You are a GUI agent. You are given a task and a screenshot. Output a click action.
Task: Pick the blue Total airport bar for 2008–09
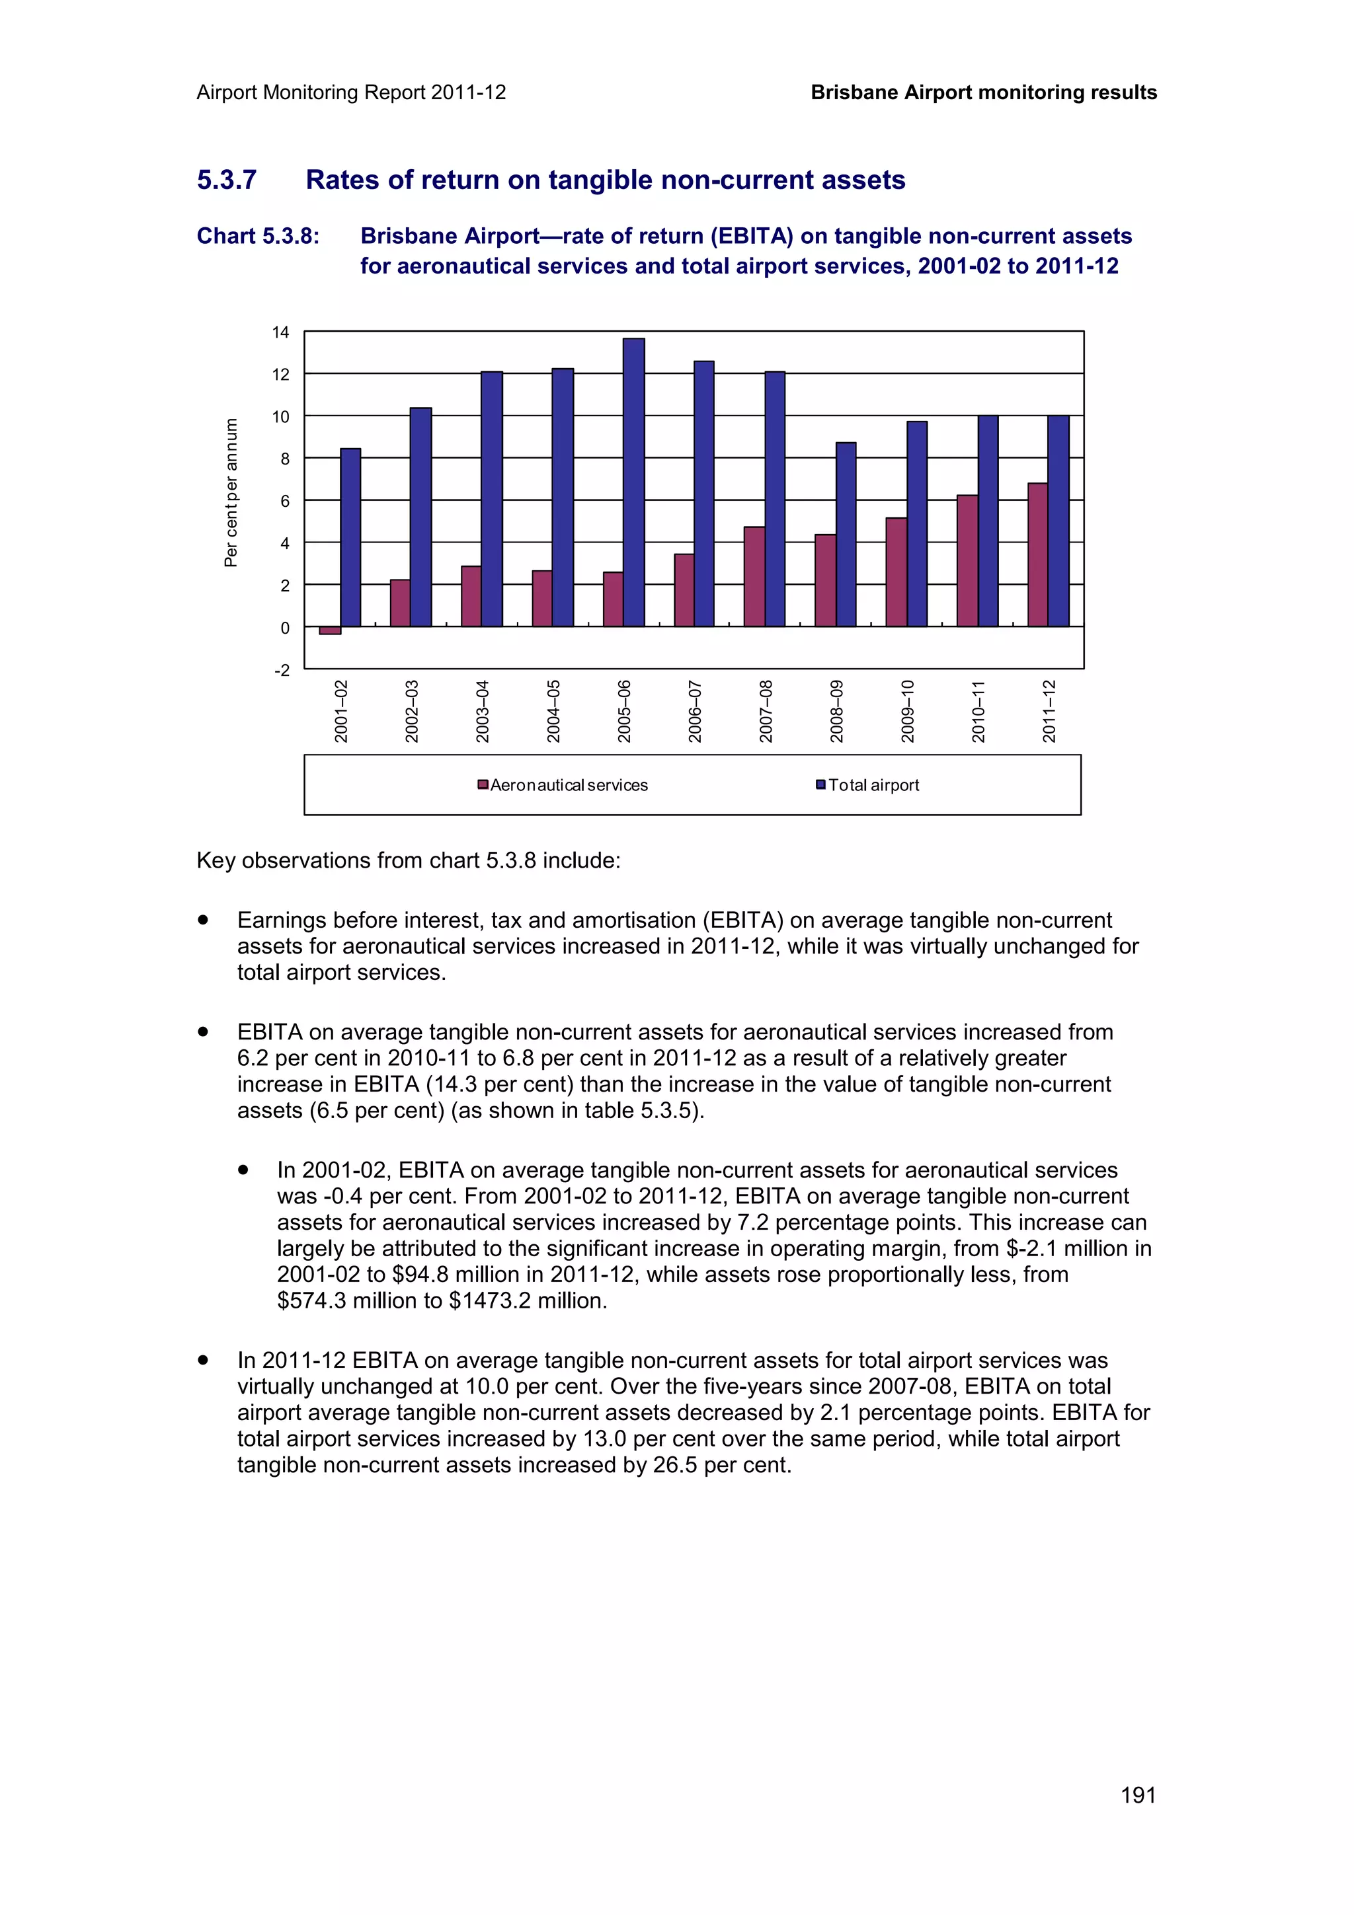846,534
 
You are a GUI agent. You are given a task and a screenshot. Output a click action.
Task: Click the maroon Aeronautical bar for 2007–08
754,576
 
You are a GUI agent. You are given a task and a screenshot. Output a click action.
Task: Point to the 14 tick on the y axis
280,332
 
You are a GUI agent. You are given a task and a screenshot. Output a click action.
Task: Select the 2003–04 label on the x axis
482,710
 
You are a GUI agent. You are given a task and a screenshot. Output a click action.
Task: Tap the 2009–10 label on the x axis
908,710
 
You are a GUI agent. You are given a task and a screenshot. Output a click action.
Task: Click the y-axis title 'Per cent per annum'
231,492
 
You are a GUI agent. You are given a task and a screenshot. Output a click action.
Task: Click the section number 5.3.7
227,180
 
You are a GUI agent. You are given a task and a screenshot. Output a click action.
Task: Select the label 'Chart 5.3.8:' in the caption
258,236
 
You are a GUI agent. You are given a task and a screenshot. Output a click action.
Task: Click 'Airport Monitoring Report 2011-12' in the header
351,93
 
